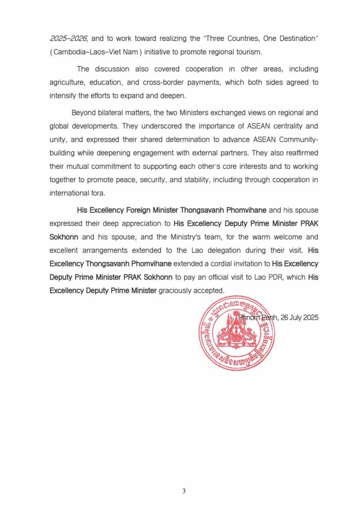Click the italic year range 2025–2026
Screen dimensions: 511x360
[x=68, y=39]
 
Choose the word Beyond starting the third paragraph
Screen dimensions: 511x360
[x=83, y=113]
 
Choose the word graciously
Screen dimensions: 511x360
[x=176, y=291]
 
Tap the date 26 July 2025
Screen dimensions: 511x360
[x=300, y=318]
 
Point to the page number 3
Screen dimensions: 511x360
[x=183, y=491]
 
